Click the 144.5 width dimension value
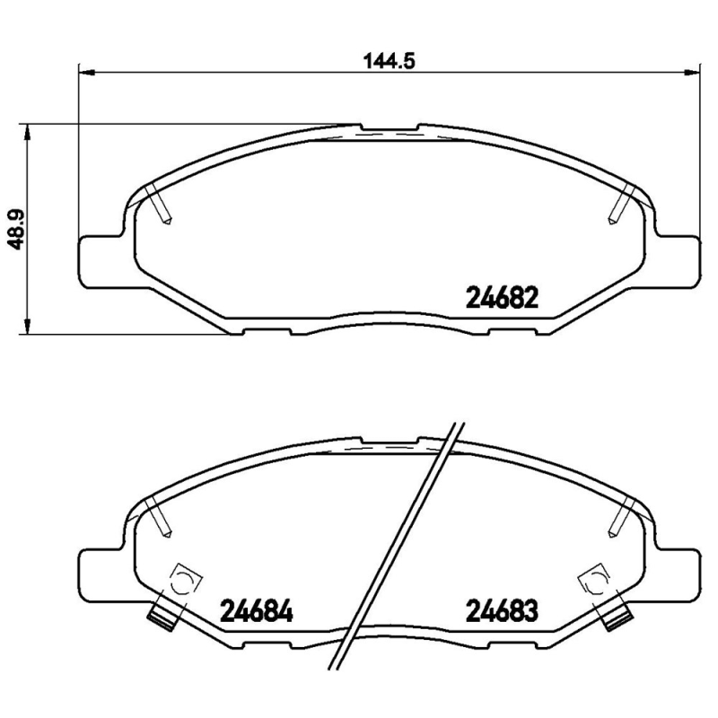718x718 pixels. pyautogui.click(x=380, y=61)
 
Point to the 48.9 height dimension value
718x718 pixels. pyautogui.click(x=15, y=229)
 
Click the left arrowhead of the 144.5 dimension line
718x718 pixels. pyautogui.click(x=87, y=72)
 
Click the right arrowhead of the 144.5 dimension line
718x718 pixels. pyautogui.click(x=693, y=72)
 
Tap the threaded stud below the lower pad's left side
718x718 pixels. pyautogui.click(x=162, y=617)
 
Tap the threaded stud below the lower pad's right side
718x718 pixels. pyautogui.click(x=617, y=617)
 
